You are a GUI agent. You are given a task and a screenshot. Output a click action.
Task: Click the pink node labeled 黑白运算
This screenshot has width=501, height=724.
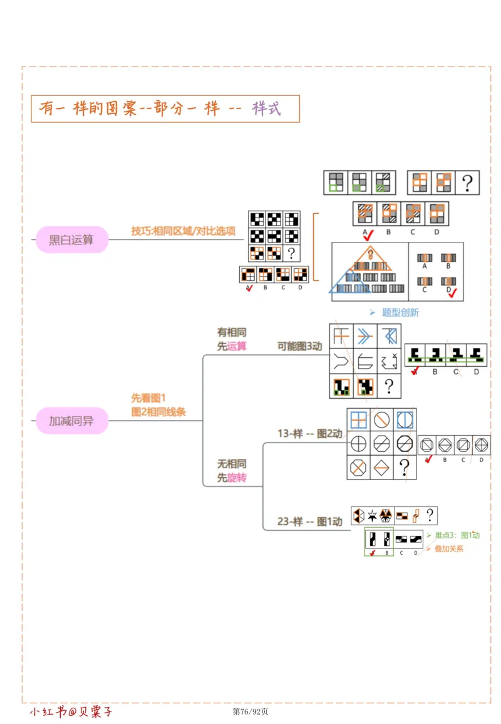pyautogui.click(x=71, y=239)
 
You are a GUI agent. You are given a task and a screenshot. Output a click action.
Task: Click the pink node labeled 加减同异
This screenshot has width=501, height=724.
pyautogui.click(x=71, y=421)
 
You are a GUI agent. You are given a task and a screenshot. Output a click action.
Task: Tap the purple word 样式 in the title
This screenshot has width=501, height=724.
pyautogui.click(x=266, y=108)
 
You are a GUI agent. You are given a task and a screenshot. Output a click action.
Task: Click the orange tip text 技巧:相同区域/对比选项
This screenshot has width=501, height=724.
pyautogui.click(x=183, y=231)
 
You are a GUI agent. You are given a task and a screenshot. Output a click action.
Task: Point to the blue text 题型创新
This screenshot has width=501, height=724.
pyautogui.click(x=400, y=312)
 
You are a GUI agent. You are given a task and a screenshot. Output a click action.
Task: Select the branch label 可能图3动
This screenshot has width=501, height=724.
pyautogui.click(x=299, y=346)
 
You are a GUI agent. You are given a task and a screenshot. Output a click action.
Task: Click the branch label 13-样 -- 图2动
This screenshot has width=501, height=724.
pyautogui.click(x=310, y=433)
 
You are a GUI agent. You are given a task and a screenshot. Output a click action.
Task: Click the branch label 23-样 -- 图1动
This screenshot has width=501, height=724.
pyautogui.click(x=310, y=521)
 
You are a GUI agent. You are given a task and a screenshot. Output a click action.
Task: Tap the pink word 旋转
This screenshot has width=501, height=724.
pyautogui.click(x=237, y=478)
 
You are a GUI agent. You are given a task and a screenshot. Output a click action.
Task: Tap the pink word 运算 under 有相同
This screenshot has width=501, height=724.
pyautogui.click(x=237, y=346)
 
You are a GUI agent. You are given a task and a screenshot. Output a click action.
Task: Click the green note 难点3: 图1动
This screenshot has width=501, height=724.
pyautogui.click(x=457, y=535)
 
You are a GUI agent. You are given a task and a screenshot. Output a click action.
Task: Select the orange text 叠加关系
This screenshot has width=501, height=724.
pyautogui.click(x=448, y=548)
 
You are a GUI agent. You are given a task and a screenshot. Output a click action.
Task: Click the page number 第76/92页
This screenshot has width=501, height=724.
pyautogui.click(x=250, y=711)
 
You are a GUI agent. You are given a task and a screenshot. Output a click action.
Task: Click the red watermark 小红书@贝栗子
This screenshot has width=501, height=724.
pyautogui.click(x=71, y=711)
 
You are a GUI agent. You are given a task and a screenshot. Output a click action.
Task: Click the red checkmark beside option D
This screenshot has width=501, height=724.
pyautogui.click(x=453, y=291)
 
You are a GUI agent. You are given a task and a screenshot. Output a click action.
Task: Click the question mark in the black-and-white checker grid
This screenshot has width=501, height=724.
pyautogui.click(x=291, y=253)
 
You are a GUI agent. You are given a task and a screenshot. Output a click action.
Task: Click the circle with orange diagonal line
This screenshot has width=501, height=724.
pyautogui.click(x=381, y=419)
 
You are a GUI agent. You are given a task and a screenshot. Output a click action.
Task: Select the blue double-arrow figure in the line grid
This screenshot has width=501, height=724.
pyautogui.click(x=365, y=337)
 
